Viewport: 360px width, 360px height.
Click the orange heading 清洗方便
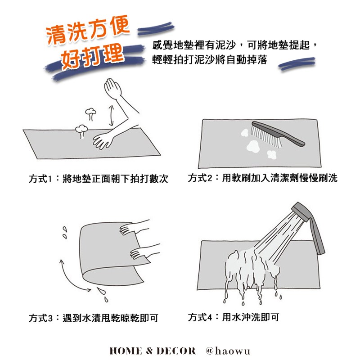pos(88,30)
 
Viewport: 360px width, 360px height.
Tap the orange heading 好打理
pos(92,57)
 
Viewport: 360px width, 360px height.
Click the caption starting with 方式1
pos(99,179)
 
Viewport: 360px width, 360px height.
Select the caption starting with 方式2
pos(263,178)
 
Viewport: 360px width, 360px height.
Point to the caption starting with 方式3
pos(94,318)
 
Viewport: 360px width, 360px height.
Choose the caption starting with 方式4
pos(234,317)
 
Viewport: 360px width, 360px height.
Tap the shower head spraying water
pos(301,211)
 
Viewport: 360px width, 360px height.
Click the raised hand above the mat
pos(112,87)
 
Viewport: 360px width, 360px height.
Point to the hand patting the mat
pos(103,140)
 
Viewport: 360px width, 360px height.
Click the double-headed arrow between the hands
pos(111,116)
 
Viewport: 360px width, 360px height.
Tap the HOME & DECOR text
pos(153,351)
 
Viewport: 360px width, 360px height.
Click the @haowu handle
pos(228,351)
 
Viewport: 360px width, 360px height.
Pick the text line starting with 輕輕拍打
pos(210,60)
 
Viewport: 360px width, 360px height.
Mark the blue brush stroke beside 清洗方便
pos(156,28)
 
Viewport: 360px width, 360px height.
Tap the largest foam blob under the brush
pos(253,147)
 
